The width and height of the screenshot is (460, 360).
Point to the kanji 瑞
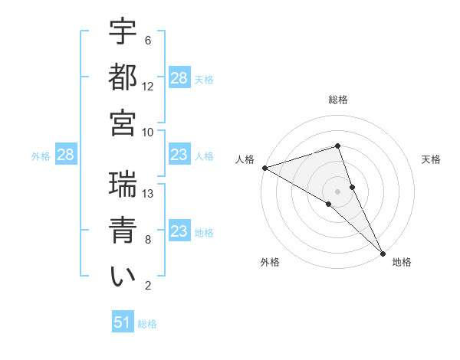point(123,185)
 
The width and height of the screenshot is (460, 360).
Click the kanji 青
point(123,231)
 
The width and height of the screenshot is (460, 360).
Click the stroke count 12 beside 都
point(148,87)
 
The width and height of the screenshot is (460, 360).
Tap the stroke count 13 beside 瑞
point(148,194)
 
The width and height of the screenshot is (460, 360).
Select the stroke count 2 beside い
point(147,286)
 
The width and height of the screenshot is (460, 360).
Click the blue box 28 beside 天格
point(179,78)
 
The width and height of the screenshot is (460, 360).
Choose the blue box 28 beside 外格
point(66,155)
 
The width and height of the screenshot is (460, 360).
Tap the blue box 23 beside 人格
point(179,155)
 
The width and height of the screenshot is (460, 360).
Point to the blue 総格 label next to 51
point(147,324)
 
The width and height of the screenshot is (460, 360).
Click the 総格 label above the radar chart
point(338,100)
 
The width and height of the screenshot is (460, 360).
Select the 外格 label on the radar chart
point(270,262)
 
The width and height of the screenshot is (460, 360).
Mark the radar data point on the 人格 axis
point(264,167)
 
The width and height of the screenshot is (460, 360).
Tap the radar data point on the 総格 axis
point(338,146)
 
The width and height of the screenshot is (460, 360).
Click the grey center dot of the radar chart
point(338,191)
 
